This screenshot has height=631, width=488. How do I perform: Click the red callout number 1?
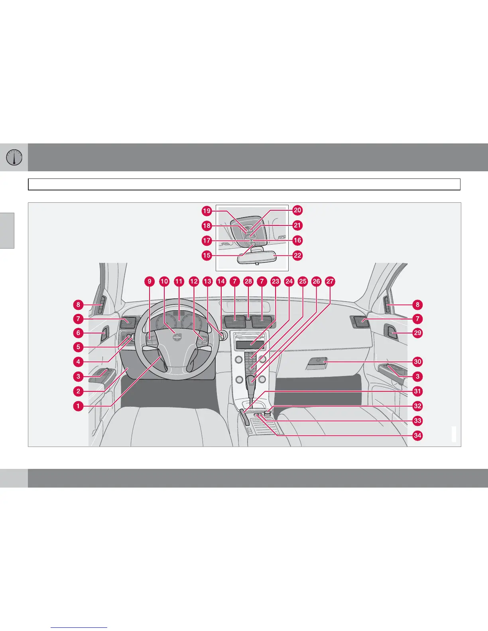78,406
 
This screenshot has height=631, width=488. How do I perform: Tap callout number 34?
417,435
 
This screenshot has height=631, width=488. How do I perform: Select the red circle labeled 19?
207,211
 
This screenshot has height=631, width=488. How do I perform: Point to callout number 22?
297,255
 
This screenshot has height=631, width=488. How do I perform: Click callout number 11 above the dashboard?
179,281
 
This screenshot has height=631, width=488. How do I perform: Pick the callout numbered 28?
248,281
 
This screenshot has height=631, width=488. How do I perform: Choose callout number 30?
417,362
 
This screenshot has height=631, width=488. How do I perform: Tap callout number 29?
417,333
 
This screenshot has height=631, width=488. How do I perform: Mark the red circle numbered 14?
221,281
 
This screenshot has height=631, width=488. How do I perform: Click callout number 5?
78,347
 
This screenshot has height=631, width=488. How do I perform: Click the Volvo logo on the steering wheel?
176,337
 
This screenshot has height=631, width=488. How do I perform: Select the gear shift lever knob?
251,380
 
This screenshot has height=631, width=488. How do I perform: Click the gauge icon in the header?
14,157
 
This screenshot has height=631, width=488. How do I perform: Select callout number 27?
330,281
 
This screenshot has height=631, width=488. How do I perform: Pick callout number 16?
297,240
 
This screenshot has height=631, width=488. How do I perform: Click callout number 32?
417,406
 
